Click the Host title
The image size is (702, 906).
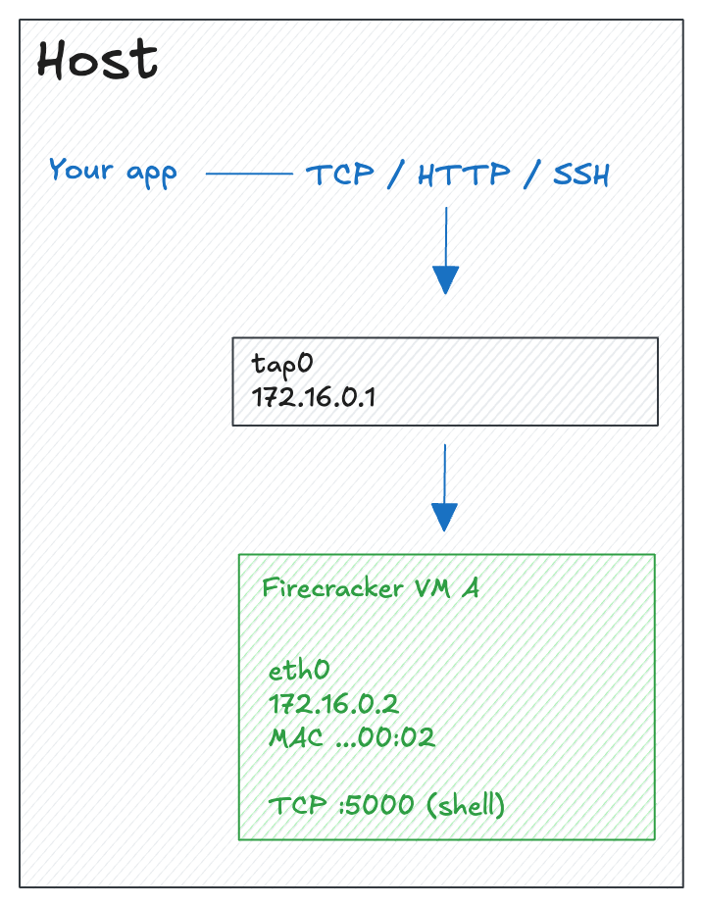pos(97,61)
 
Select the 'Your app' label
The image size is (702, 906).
pos(113,171)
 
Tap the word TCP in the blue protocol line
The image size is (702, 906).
pos(340,176)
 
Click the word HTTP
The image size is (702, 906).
pos(464,176)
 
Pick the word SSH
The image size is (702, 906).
pos(581,176)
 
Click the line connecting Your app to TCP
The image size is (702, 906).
pos(249,176)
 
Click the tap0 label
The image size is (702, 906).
pos(281,364)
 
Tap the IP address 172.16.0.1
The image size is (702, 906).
pos(314,398)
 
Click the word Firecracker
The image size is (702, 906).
pos(319,588)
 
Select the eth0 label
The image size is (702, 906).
pos(298,671)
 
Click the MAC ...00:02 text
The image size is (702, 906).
pos(351,737)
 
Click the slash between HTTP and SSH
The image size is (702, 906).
pos(531,176)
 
